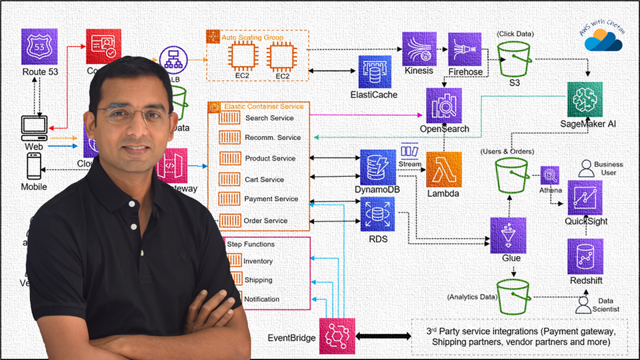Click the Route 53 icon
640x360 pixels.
click(x=39, y=46)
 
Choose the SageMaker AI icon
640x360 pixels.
click(x=585, y=100)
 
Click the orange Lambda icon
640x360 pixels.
click(x=444, y=169)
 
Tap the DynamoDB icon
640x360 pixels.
click(x=377, y=167)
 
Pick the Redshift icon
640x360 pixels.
click(x=585, y=256)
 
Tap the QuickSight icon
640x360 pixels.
click(x=585, y=197)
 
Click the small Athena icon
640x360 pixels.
click(x=549, y=175)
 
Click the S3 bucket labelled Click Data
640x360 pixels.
click(x=514, y=59)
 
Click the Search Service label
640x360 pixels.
click(x=269, y=118)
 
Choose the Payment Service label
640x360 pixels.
click(x=271, y=199)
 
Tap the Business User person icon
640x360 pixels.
click(x=585, y=168)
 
